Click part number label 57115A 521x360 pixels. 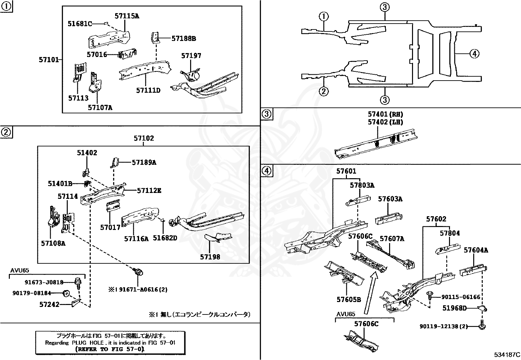tap(127, 16)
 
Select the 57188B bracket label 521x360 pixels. tap(184, 39)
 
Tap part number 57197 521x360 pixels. tap(191, 56)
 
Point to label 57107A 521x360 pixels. tap(100, 107)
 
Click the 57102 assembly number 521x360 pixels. tap(144, 138)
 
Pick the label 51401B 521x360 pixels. tap(60, 184)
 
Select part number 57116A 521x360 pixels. tap(136, 239)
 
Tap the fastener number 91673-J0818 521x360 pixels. tap(44, 282)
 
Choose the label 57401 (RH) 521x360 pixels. tap(385, 114)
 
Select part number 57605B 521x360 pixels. tap(349, 299)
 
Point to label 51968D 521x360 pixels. tap(455, 308)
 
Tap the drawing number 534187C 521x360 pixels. tap(507, 355)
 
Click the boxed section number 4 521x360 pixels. tap(267, 170)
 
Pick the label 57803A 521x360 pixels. tap(362, 185)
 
